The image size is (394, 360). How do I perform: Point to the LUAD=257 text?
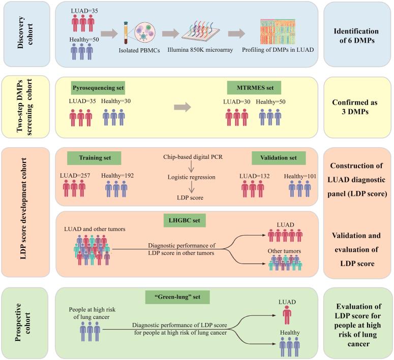point(81,176)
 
